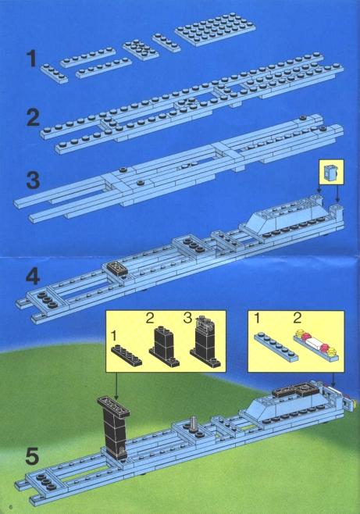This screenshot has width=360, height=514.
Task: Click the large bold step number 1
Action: coord(31,58)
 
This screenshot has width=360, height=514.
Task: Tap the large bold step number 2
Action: coord(33,118)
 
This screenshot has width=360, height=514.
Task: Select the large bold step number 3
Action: coord(33,180)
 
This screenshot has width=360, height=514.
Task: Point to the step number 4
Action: coord(33,277)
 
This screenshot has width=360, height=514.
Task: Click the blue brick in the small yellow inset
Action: coord(331,172)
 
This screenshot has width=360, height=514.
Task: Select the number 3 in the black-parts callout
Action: coord(187,318)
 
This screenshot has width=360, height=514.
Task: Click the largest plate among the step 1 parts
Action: coord(215,30)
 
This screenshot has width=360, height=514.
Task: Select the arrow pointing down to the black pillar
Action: coord(116,385)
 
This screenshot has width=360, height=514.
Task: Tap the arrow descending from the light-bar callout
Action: coord(333,380)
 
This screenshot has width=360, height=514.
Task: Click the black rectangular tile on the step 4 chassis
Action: coord(116,268)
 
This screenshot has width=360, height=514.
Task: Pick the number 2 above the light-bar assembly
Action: coord(297,318)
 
